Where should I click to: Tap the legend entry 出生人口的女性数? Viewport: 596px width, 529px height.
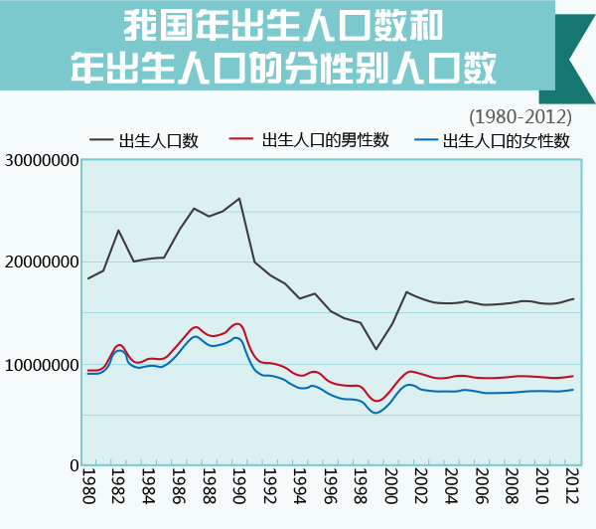pos(507,140)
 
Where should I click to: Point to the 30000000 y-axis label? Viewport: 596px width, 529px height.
pos(41,160)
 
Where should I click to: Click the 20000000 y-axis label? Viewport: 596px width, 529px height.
pos(41,263)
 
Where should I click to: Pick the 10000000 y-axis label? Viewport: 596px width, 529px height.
pos(41,365)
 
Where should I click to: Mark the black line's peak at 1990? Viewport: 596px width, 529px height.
pos(239,198)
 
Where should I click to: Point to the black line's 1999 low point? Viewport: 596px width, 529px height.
pos(375,348)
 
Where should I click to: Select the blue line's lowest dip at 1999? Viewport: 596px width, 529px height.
pos(375,412)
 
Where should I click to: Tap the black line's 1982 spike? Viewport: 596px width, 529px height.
pos(118,231)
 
